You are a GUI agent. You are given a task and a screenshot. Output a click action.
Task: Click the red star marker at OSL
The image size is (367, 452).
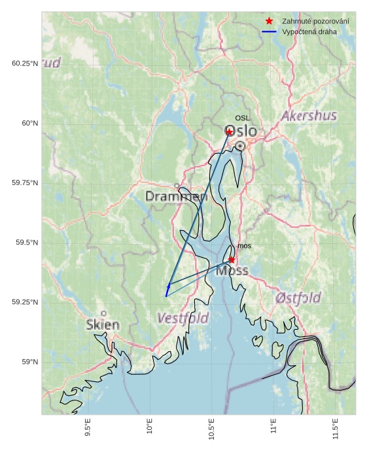[x=230, y=132]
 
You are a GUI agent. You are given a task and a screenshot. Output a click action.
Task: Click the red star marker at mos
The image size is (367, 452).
[x=232, y=260]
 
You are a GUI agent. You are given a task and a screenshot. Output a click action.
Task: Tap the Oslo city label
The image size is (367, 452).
[x=240, y=131]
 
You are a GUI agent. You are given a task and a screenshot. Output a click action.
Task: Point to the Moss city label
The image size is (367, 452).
[x=232, y=271]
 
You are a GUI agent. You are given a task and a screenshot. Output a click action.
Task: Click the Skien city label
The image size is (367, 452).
[x=103, y=325]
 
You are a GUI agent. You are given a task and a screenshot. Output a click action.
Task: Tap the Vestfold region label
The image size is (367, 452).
[x=183, y=319]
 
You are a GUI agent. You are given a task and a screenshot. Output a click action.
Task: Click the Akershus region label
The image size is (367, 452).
[x=309, y=116]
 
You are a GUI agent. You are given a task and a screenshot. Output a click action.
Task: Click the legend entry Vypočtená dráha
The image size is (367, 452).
[x=309, y=31]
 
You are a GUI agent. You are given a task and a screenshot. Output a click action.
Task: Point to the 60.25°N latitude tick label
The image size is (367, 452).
[x=25, y=63]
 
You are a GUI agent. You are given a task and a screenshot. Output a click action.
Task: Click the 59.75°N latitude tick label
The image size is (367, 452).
[x=25, y=183]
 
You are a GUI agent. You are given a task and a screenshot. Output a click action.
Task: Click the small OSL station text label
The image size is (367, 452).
[x=243, y=118]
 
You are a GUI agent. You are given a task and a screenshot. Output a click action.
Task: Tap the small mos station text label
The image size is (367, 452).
[x=244, y=246]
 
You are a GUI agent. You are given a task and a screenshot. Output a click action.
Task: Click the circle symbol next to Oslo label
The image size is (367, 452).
[x=241, y=146]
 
